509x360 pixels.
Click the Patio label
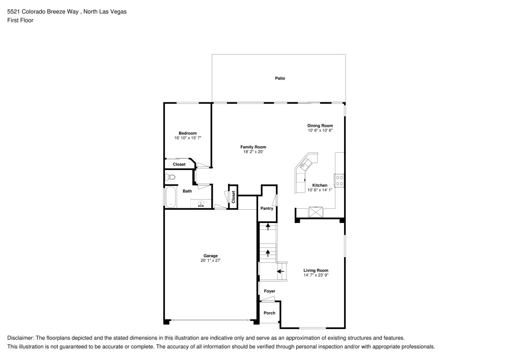pyautogui.click(x=280, y=78)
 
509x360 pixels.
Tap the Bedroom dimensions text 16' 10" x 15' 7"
pyautogui.click(x=187, y=138)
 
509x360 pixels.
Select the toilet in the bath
pyautogui.click(x=170, y=177)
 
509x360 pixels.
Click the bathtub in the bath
pyautogui.click(x=170, y=197)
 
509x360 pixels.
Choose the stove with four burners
pyautogui.click(x=339, y=180)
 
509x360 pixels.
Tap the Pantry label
pyautogui.click(x=267, y=208)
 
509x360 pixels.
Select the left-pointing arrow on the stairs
pyautogui.click(x=280, y=271)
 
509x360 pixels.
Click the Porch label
pyautogui.click(x=269, y=313)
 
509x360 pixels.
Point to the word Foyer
pyautogui.click(x=269, y=291)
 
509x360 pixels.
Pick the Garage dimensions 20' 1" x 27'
pyautogui.click(x=210, y=260)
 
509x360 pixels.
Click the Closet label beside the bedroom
pyautogui.click(x=179, y=164)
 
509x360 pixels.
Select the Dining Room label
pyautogui.click(x=320, y=125)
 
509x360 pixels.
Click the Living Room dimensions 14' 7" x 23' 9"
pyautogui.click(x=316, y=275)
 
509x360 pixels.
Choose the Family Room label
pyautogui.click(x=253, y=147)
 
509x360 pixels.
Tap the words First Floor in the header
pyautogui.click(x=20, y=20)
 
